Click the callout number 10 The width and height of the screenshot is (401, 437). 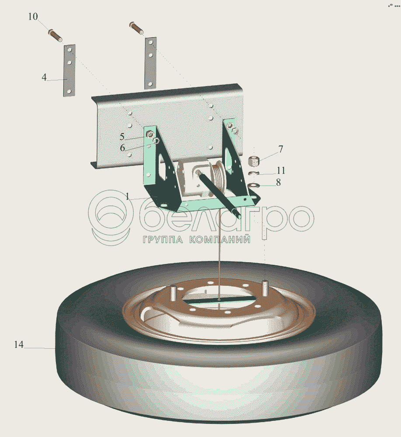coord(33,17)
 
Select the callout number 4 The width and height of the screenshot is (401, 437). coord(44,77)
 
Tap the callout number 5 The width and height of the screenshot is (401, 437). coord(122,136)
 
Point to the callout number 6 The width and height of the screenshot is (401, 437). coord(122,148)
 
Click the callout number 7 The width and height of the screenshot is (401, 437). coord(280,149)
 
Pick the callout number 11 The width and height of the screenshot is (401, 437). coord(281,170)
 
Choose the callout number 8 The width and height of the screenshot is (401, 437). coord(278,182)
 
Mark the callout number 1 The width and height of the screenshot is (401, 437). coord(128,197)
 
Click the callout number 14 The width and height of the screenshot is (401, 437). coord(19,344)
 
